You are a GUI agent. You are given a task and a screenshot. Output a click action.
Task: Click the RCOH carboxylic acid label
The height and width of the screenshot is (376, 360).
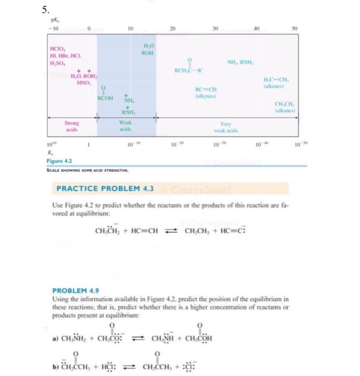[x=105, y=98]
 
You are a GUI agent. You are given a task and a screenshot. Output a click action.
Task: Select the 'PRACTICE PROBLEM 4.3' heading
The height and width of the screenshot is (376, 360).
[x=106, y=189]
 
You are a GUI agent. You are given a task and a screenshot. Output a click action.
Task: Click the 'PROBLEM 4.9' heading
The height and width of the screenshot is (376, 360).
[x=74, y=291]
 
